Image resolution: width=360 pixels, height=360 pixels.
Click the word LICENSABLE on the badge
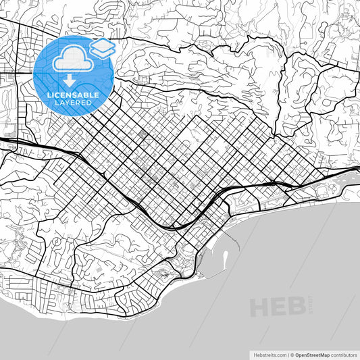tap(73, 95)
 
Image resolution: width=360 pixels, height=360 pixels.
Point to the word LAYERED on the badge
tap(73, 103)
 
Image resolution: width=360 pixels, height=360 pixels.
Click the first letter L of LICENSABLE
tap(49, 95)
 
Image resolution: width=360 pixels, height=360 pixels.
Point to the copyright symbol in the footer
tap(292, 354)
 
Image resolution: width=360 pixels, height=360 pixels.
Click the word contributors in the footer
tap(344, 354)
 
